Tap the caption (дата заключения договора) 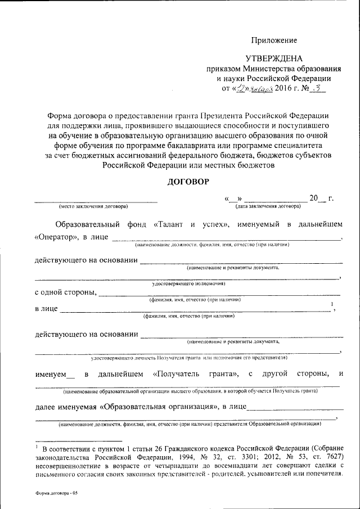coord(267,207)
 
